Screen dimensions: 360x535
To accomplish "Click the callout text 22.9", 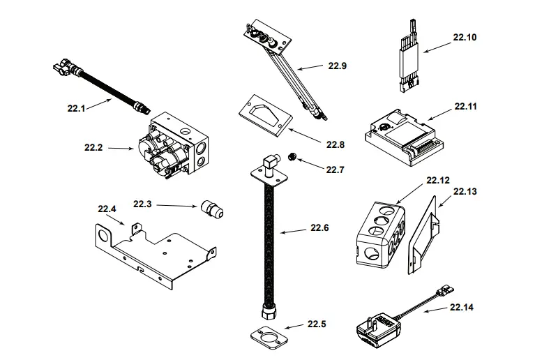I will tap(337, 66).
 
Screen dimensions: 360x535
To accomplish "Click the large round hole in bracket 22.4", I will tap(105, 235).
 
